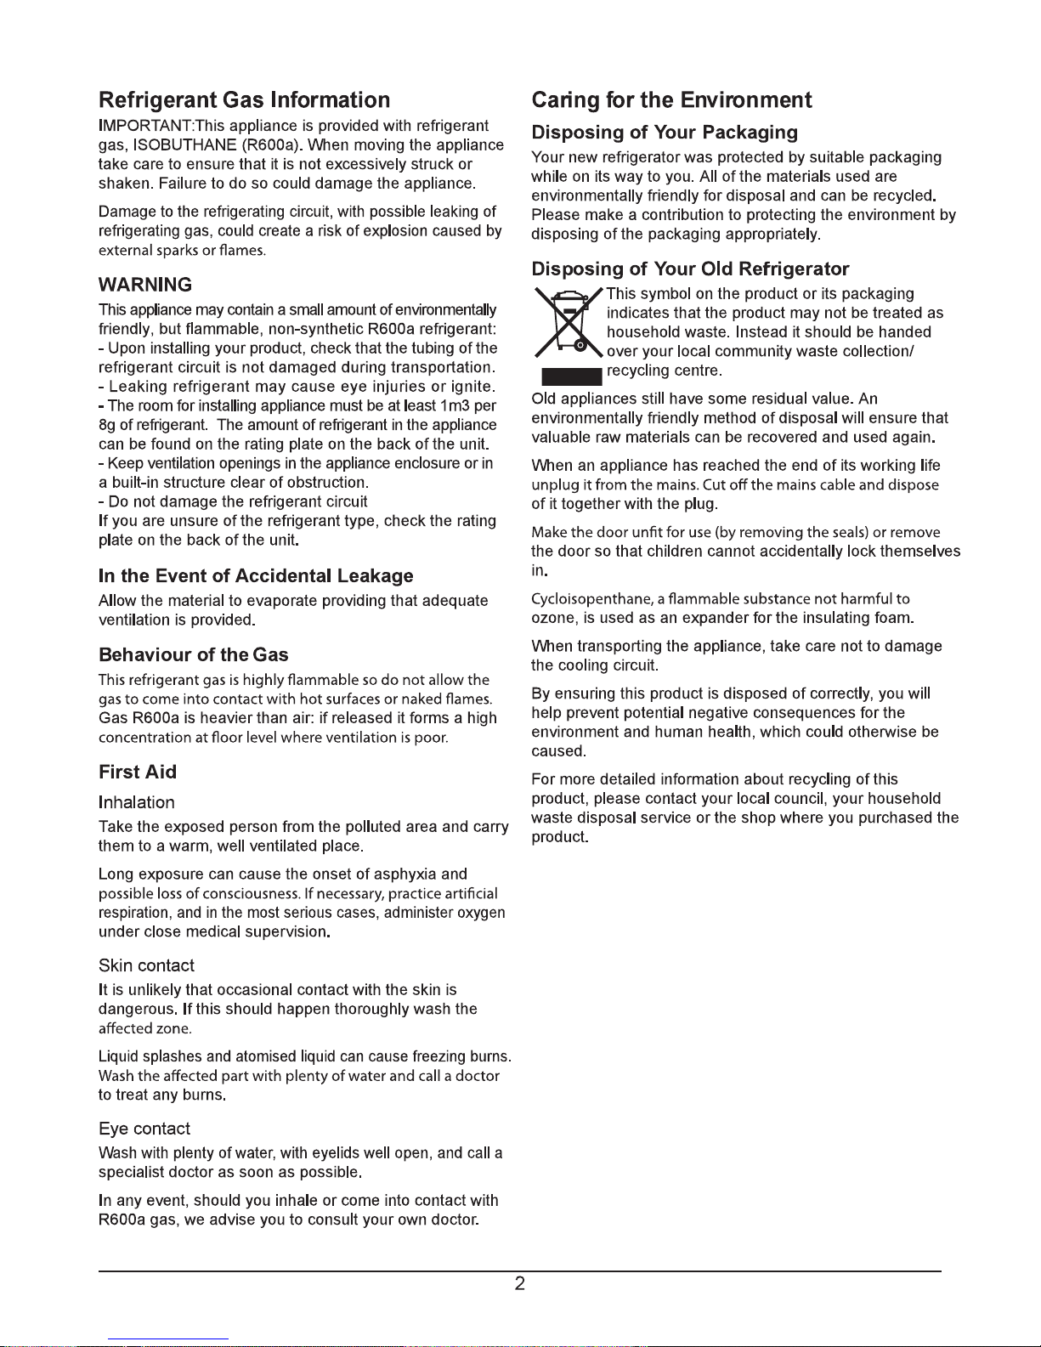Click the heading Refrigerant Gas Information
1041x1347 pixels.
[x=244, y=100]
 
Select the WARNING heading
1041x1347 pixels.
[x=145, y=285]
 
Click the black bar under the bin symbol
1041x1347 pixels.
[x=571, y=376]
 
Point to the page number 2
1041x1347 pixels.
[x=520, y=1283]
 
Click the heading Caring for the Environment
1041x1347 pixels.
[x=671, y=100]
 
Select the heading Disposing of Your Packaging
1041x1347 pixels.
[x=665, y=133]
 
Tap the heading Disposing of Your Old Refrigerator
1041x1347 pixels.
[x=690, y=269]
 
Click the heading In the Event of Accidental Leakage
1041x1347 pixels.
[x=256, y=576]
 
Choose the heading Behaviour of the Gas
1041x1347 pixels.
[x=194, y=655]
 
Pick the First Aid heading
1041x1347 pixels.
[x=138, y=773]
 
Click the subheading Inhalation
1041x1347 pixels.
[x=137, y=803]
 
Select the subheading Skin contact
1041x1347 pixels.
[x=146, y=966]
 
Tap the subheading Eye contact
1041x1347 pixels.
[x=144, y=1129]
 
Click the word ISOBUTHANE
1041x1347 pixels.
[x=183, y=144]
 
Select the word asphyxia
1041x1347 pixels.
[x=406, y=874]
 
